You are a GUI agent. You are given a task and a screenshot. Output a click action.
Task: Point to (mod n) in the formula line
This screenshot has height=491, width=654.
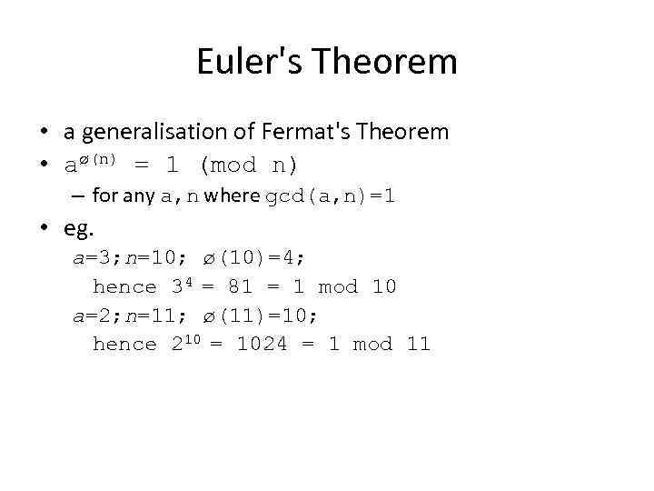tap(248, 165)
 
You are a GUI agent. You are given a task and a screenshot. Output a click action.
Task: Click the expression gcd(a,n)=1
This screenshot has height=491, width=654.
tap(329, 195)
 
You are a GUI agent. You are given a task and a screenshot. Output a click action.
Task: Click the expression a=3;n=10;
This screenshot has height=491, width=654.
tap(130, 258)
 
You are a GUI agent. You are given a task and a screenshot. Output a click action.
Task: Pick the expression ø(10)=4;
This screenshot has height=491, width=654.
tap(245, 258)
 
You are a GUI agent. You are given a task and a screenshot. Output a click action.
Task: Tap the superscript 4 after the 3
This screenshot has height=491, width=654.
tap(189, 282)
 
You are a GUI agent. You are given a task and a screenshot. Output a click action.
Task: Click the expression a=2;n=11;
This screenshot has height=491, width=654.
tap(130, 316)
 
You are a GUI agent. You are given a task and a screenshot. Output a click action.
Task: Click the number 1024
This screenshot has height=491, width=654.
tap(262, 345)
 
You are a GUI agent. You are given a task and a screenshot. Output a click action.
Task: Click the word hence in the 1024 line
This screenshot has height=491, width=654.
tap(124, 345)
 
